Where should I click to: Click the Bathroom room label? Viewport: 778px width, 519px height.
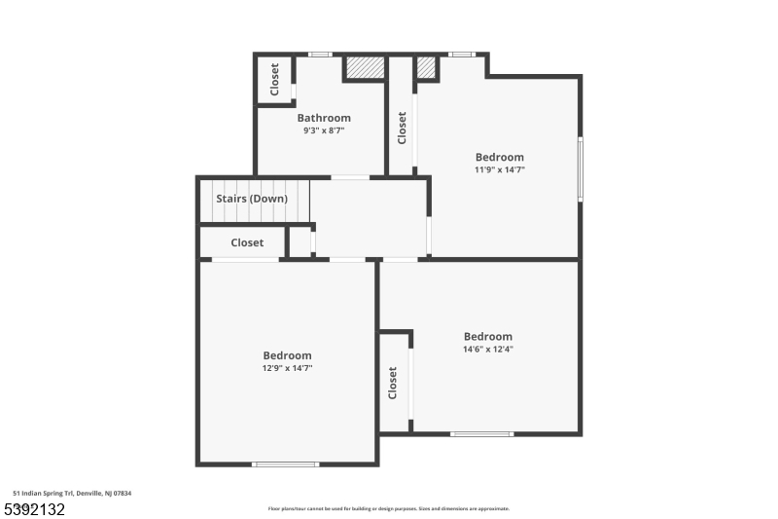pos(324,118)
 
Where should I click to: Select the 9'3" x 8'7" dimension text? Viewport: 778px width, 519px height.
pos(324,130)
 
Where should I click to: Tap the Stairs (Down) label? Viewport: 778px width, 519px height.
pos(252,199)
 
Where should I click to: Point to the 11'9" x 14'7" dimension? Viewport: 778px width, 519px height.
pos(500,169)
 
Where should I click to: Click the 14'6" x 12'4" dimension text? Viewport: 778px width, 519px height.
pos(488,349)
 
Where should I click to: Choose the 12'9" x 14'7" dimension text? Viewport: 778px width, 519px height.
pos(287,368)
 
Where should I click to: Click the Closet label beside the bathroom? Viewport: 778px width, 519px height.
pos(274,78)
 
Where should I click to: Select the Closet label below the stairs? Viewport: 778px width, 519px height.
pos(247,242)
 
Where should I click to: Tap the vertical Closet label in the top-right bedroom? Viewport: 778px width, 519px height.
pos(402,128)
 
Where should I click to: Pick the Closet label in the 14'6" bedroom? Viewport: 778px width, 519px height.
pos(393,383)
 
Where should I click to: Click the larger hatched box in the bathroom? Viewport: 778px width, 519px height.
pos(366,67)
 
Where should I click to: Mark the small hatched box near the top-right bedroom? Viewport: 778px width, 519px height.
pos(426,67)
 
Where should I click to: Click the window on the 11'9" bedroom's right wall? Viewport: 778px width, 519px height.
pos(581,168)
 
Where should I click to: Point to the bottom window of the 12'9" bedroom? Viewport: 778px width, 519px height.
pos(285,463)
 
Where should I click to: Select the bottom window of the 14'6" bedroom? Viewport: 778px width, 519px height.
pos(481,433)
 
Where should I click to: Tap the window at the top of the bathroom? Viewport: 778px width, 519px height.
pos(320,55)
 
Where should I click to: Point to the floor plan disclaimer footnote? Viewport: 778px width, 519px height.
pos(388,508)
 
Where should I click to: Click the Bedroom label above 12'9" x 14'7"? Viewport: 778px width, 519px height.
pos(287,355)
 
